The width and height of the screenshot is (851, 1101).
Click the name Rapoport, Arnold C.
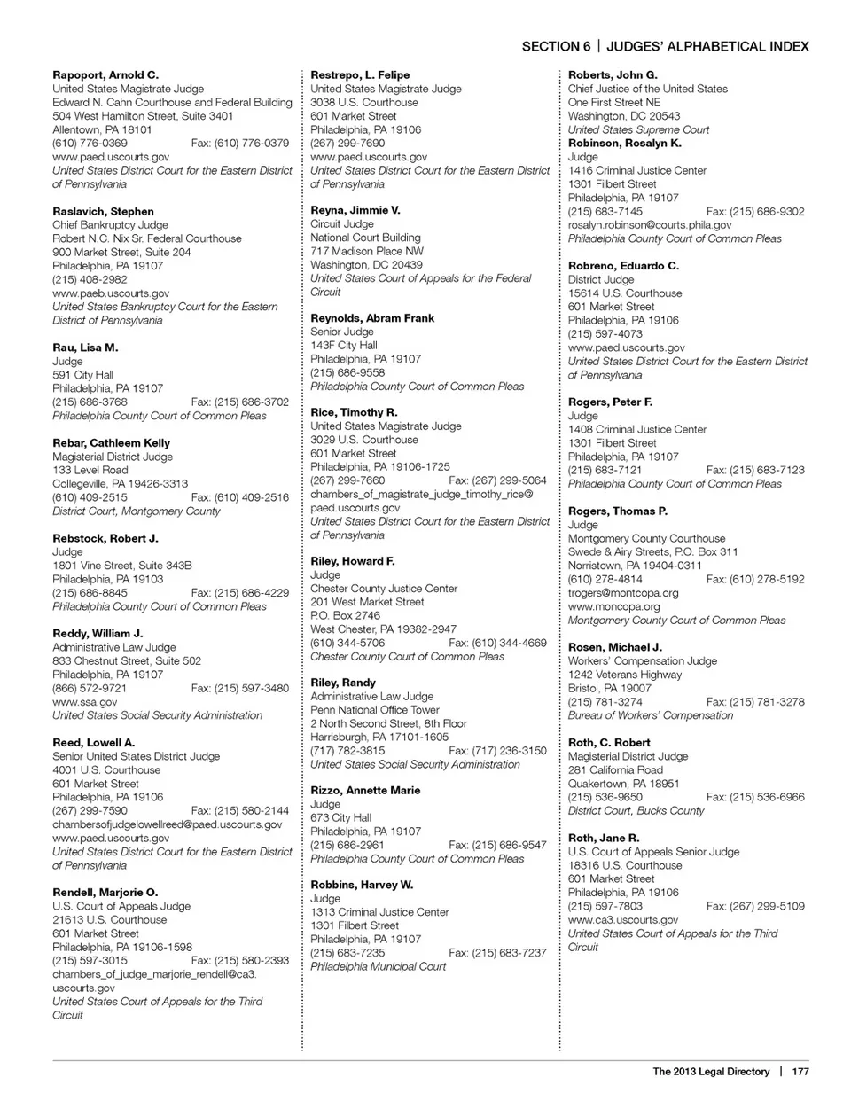tap(105, 75)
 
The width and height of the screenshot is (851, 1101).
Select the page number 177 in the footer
tap(800, 1071)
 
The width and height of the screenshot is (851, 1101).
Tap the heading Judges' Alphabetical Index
tap(707, 46)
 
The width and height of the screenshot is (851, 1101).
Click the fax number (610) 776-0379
tap(239, 143)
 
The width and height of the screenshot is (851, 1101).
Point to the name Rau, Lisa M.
tap(85, 347)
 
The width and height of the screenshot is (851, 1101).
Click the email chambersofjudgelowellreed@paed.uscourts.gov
tap(167, 824)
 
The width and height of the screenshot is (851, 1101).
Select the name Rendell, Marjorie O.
tap(105, 893)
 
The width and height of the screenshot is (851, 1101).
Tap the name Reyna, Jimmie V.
tap(355, 210)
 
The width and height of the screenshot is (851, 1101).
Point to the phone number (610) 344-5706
tap(347, 643)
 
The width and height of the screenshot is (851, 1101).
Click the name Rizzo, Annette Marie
tap(365, 791)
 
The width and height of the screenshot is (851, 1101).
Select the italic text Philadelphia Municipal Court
tap(378, 966)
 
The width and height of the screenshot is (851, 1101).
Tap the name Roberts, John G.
tap(613, 75)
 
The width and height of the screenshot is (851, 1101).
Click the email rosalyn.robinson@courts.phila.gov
tap(650, 225)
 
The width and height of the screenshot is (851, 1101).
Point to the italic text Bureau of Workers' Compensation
tap(651, 715)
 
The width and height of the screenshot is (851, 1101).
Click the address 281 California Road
tap(615, 769)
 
